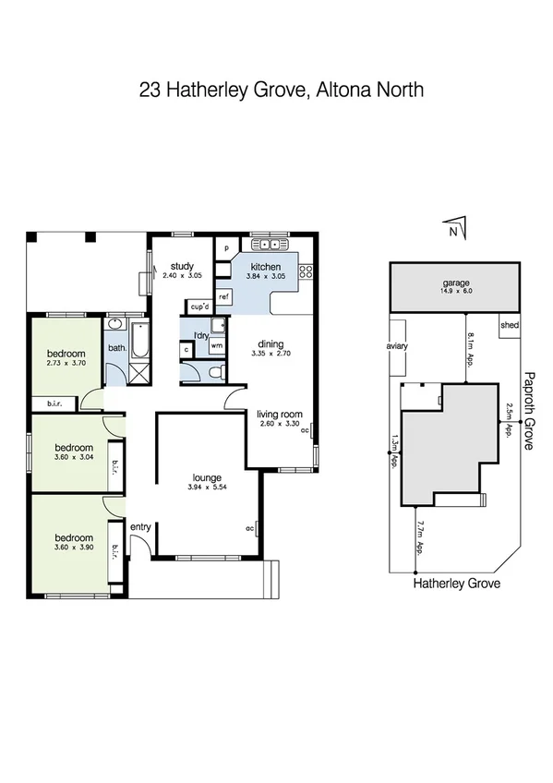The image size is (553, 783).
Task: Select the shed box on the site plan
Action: [x=510, y=325]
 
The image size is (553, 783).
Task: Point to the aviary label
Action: [x=397, y=346]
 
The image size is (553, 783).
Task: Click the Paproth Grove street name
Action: [x=529, y=410]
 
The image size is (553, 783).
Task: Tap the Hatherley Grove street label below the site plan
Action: [x=456, y=584]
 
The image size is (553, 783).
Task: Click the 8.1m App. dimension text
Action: [x=470, y=350]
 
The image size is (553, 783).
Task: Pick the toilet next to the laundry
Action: [x=214, y=372]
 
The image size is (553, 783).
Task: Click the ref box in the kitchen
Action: [x=223, y=296]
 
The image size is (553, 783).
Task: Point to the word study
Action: [x=181, y=266]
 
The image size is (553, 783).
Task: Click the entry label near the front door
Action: [x=140, y=526]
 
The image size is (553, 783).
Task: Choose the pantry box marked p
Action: [x=225, y=248]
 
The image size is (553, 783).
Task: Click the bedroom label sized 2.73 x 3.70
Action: [x=66, y=354]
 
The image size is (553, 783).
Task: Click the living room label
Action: [x=280, y=416]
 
